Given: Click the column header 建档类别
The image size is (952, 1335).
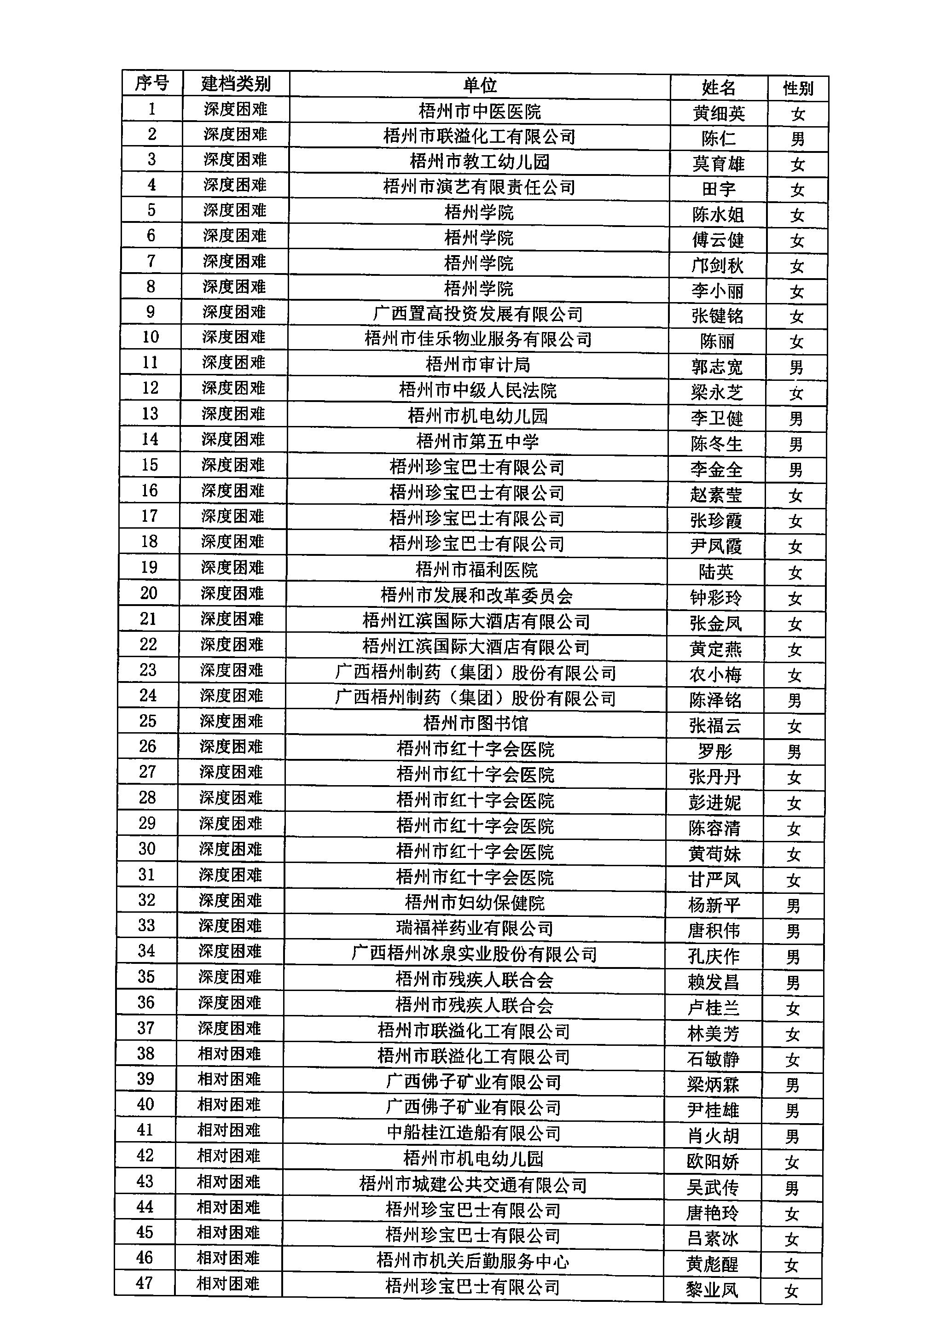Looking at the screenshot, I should tap(236, 84).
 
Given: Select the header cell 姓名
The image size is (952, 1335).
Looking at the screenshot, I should tap(719, 88).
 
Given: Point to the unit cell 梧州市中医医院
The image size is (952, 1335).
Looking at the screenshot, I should tap(480, 111).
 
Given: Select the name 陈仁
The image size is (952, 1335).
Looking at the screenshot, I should tap(719, 138).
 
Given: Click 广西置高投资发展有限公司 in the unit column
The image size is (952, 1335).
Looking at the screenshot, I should tap(478, 314).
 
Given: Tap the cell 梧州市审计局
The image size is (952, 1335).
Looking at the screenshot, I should tap(478, 365).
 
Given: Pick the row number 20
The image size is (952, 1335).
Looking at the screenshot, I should tap(149, 593).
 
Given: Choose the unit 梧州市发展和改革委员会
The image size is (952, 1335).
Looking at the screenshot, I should tap(476, 596).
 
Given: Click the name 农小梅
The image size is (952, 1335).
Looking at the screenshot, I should tap(715, 675).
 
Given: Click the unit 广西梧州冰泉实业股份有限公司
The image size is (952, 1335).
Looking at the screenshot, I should tap(474, 955).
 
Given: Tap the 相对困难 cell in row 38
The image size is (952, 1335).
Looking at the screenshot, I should tap(229, 1054).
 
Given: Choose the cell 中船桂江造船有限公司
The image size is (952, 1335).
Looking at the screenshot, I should tap(474, 1133).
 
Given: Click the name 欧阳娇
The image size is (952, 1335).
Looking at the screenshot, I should tap(713, 1162).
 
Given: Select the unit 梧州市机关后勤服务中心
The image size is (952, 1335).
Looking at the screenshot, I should tap(472, 1262).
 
